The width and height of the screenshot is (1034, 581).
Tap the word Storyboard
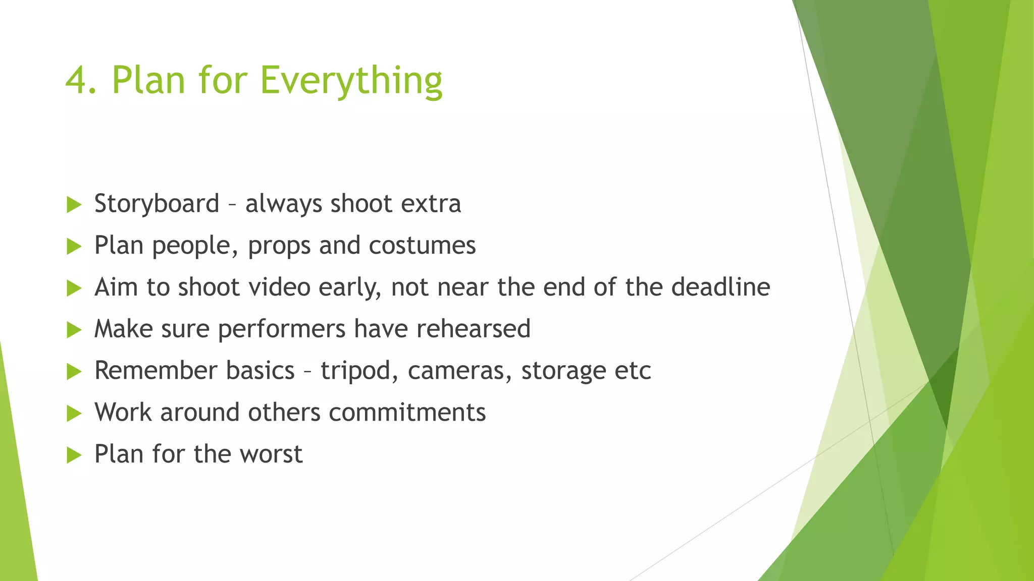point(157,204)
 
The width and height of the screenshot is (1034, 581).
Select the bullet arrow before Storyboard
point(74,205)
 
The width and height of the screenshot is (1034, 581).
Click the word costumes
point(422,246)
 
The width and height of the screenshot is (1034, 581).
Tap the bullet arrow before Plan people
point(74,247)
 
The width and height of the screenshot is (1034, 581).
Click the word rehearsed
point(473,329)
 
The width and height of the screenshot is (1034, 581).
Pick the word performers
point(282,329)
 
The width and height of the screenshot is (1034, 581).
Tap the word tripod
point(355,371)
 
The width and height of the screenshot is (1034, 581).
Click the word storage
point(563,371)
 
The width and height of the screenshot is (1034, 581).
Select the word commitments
point(407,412)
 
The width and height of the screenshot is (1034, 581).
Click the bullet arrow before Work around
point(74,414)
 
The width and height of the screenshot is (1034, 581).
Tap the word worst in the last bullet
point(271,454)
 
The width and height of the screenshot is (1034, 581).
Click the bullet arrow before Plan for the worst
point(74,455)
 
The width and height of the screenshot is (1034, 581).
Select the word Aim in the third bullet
point(116,287)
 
